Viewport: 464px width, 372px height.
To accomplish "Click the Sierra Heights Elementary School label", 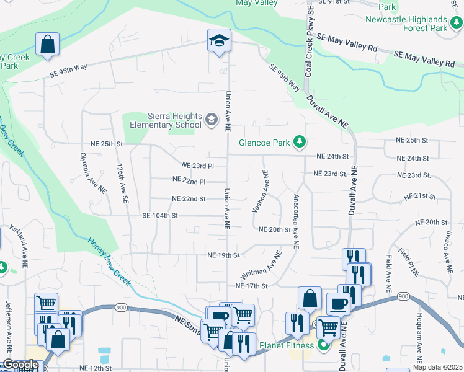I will tap(165, 120).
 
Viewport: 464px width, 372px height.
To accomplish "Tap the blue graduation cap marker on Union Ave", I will tap(219, 41).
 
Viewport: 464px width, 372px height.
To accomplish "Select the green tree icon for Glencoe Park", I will tap(300, 143).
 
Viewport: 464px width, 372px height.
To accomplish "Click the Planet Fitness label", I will tap(283, 345).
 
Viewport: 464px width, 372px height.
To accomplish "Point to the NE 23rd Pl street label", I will tap(198, 166).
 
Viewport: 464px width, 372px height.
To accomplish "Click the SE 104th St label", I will tap(160, 216).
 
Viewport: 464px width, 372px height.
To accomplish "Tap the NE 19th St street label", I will tap(223, 255).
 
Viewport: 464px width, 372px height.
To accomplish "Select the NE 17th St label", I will tap(251, 286).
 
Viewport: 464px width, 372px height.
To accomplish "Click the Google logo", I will tap(20, 365).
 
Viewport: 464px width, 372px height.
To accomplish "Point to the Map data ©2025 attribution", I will tap(437, 368).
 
